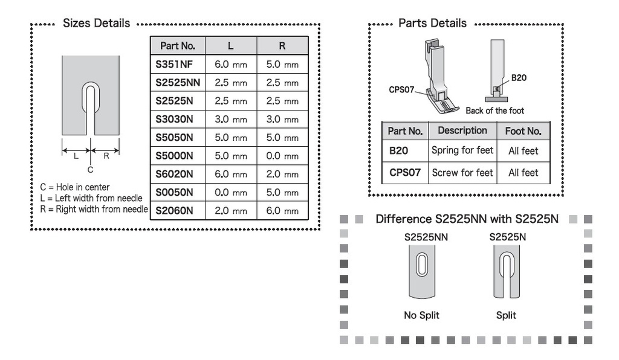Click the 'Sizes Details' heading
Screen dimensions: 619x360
tap(96, 24)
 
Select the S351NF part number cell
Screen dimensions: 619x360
tap(174, 64)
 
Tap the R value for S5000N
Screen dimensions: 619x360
tap(282, 156)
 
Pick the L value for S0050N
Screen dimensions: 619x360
tap(231, 193)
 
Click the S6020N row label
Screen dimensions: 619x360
tap(174, 174)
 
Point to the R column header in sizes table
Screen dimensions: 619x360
tap(282, 46)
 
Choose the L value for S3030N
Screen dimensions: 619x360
tap(231, 119)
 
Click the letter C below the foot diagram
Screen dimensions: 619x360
tap(91, 170)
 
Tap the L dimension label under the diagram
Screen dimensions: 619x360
tap(76, 156)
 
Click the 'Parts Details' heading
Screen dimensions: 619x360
tap(432, 24)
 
